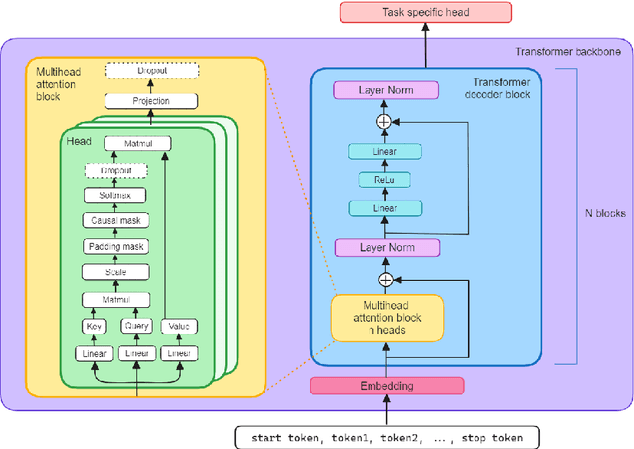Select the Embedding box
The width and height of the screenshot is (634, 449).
(x=386, y=386)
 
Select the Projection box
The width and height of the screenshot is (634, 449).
(x=152, y=101)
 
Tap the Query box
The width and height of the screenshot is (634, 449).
(x=137, y=326)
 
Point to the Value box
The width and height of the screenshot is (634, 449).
(x=178, y=326)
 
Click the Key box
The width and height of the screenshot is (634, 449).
(x=94, y=326)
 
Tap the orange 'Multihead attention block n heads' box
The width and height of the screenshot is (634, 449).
(x=386, y=316)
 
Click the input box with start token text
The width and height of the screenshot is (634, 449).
(x=385, y=436)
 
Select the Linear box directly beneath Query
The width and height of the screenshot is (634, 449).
(x=137, y=353)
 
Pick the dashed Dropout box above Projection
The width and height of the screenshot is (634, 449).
(x=152, y=72)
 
